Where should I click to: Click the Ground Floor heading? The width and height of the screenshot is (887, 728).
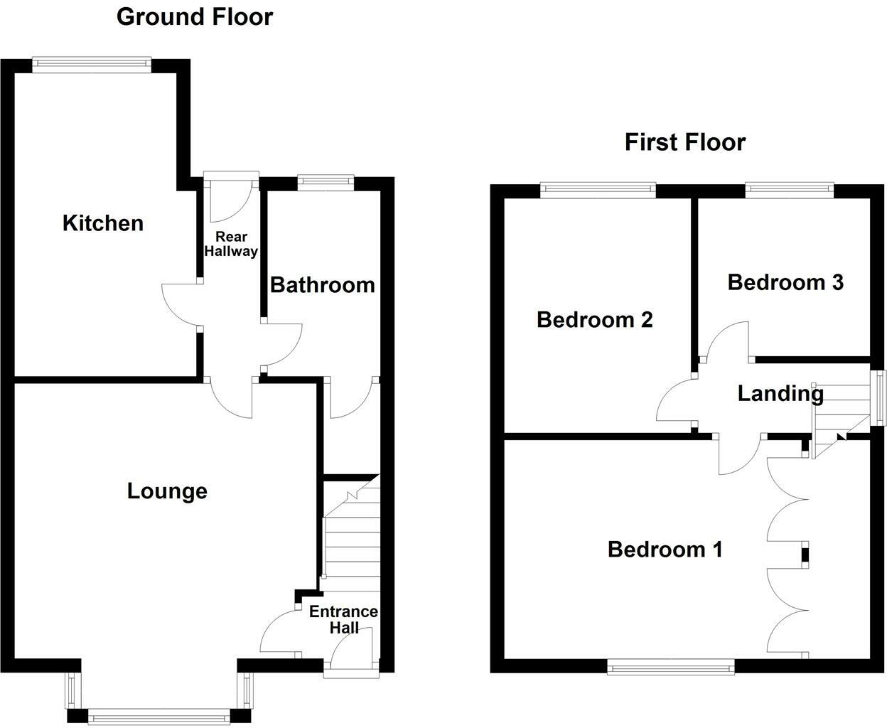point(194,16)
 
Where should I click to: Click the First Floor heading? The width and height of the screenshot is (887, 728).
point(684,142)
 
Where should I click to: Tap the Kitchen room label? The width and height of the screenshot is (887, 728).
point(103,223)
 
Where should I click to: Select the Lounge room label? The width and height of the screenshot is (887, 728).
point(167,491)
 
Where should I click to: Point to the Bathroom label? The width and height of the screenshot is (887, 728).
point(322,285)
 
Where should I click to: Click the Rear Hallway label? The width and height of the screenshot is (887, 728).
point(230,244)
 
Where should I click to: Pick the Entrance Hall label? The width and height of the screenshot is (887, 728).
point(343,619)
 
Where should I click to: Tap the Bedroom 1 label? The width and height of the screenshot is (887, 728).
point(665,550)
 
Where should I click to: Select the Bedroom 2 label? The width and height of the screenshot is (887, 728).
point(594,320)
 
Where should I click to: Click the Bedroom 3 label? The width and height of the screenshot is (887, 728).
point(785,282)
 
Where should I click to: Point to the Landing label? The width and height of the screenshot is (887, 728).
point(780,393)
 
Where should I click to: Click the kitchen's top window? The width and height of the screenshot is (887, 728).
point(92,65)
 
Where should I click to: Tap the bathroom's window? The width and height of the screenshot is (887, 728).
point(326,182)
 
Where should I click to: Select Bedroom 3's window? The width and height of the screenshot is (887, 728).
point(789,188)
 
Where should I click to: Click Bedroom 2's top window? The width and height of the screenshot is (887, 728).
point(597,188)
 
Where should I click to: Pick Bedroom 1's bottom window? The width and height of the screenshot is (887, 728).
point(670,666)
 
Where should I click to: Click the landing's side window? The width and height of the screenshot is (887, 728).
point(881,398)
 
